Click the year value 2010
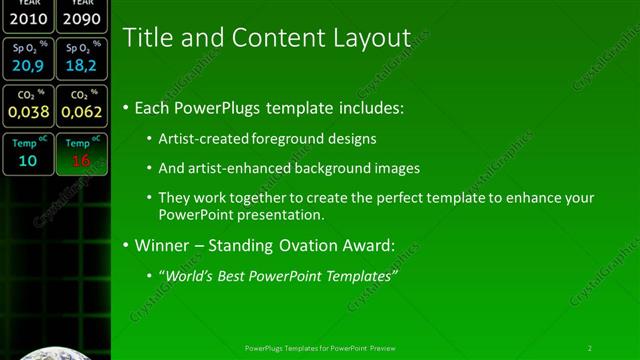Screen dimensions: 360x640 click(x=27, y=19)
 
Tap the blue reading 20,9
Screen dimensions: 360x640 click(x=27, y=66)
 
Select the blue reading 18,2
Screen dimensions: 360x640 click(x=80, y=66)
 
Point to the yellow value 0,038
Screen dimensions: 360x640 click(x=27, y=113)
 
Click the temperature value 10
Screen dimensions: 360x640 click(x=27, y=160)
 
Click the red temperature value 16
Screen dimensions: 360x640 click(x=80, y=160)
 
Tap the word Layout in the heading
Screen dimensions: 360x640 click(x=372, y=38)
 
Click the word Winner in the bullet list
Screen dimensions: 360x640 click(x=162, y=245)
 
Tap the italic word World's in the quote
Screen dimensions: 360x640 click(x=189, y=275)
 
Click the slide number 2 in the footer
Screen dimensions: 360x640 click(x=589, y=348)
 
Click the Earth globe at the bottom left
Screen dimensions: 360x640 click(x=55, y=352)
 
